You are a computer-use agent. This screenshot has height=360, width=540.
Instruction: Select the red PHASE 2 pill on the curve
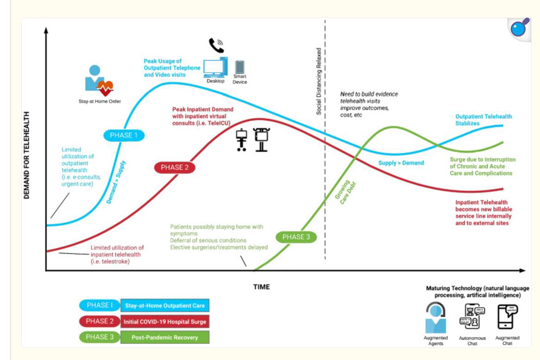[x=174, y=168]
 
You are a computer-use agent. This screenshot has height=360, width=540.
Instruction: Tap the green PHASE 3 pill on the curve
[x=296, y=237]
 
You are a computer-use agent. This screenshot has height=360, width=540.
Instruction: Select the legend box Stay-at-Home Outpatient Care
[x=164, y=306]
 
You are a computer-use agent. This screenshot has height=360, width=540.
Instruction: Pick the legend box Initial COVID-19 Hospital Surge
[x=164, y=321]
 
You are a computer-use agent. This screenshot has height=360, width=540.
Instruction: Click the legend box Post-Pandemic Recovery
[x=164, y=337]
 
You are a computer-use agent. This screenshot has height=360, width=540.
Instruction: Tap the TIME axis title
[x=261, y=287]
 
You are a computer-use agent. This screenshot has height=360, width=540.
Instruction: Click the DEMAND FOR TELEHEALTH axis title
[x=27, y=155]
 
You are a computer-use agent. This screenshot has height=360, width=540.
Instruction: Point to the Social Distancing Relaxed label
[x=318, y=81]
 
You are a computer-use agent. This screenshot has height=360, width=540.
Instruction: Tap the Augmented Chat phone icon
[x=507, y=317]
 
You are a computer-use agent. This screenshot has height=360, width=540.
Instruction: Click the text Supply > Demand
[x=401, y=163]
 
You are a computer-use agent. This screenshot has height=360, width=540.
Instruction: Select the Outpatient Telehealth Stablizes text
[x=484, y=120]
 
